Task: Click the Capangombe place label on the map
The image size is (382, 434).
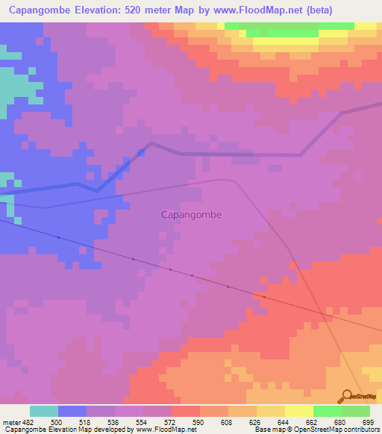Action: [191, 214]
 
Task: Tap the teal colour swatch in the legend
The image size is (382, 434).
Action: [43, 411]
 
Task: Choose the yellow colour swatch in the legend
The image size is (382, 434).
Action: [298, 411]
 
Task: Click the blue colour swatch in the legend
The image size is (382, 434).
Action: [72, 411]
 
